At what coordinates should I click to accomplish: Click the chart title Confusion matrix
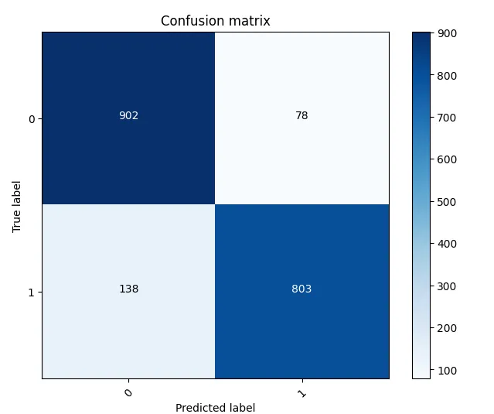pos(215,21)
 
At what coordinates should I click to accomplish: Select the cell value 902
pos(128,115)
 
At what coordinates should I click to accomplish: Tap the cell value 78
pos(302,115)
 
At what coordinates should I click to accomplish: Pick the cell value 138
pos(128,289)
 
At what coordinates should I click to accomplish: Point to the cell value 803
pos(302,289)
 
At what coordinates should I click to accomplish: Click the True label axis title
pos(16,205)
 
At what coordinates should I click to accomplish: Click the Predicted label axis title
pos(215,407)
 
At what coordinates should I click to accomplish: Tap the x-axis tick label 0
pos(128,393)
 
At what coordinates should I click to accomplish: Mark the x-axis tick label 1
pos(302,393)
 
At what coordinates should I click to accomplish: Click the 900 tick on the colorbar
pos(447,33)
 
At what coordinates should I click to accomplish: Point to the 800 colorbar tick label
pos(447,76)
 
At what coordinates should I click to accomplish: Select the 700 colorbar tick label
pos(447,118)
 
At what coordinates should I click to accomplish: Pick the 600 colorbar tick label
pos(447,159)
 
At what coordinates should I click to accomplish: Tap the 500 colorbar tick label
pos(447,202)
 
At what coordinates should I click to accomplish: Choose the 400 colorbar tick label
pos(447,244)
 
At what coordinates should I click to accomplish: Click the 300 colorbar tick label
pos(447,286)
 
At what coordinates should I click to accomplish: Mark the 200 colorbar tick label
pos(447,328)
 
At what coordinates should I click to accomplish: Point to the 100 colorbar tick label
pos(447,370)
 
